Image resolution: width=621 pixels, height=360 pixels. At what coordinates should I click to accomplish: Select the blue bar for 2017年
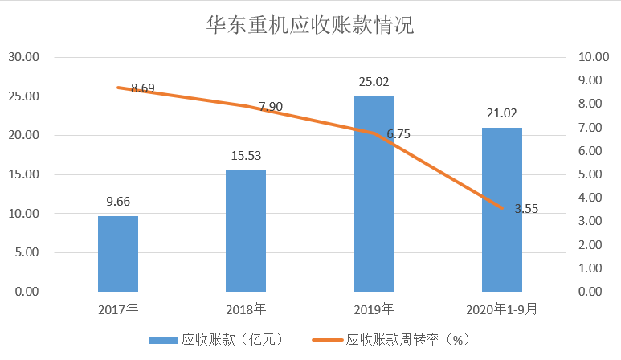(x=118, y=253)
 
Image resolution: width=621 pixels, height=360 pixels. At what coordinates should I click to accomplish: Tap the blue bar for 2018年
(x=246, y=231)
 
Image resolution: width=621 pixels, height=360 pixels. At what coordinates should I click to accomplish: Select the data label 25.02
(x=374, y=81)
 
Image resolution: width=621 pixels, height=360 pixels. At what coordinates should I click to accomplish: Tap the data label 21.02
(x=502, y=113)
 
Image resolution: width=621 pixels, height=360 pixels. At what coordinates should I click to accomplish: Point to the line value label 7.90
(x=270, y=107)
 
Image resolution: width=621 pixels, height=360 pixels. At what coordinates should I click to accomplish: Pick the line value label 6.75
(x=398, y=134)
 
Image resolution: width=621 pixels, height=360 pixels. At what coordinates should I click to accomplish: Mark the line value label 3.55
(x=526, y=209)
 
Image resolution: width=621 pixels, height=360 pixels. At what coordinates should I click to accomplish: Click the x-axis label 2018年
(x=246, y=308)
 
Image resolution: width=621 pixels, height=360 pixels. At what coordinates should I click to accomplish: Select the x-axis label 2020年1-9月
(x=502, y=308)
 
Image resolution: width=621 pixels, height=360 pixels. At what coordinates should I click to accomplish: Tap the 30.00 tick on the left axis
(x=24, y=57)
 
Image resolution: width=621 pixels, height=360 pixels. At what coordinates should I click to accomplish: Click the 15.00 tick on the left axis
(x=24, y=174)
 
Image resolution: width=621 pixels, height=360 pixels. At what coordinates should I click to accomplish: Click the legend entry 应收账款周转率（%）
(x=407, y=340)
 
